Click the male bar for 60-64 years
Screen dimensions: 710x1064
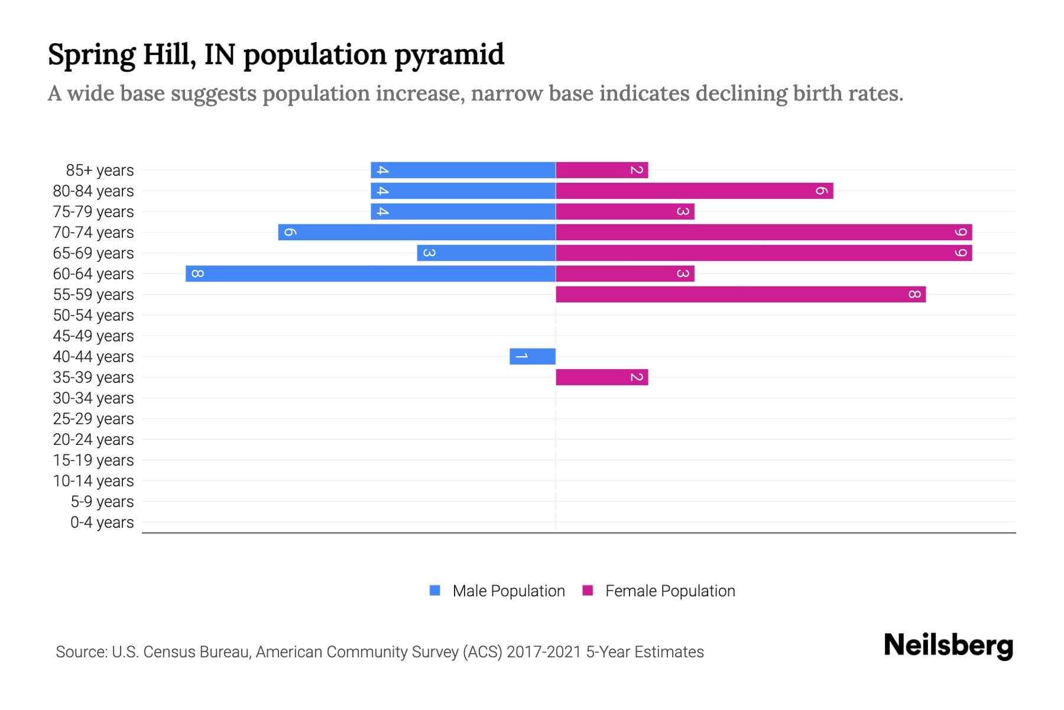coord(371,274)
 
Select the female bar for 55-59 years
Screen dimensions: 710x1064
coord(741,295)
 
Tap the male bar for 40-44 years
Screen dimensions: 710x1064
coord(533,357)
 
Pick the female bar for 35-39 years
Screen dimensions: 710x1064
coord(602,377)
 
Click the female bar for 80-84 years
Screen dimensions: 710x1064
coord(695,191)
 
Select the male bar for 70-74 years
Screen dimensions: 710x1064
coord(417,233)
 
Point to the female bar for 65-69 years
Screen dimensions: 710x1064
coord(764,253)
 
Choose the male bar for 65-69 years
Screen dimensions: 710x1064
coord(486,253)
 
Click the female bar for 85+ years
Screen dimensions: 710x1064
coord(602,170)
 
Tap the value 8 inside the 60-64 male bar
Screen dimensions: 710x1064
coord(198,274)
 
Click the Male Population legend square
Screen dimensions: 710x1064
coord(435,590)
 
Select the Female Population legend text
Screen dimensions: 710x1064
coord(670,591)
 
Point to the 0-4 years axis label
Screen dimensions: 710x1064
coord(102,522)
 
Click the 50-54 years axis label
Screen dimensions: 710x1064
coord(93,315)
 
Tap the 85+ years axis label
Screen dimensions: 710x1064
coord(99,170)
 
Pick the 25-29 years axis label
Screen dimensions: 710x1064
coord(93,419)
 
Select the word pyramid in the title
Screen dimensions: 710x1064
coord(449,55)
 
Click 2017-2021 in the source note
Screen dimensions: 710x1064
coord(544,652)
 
